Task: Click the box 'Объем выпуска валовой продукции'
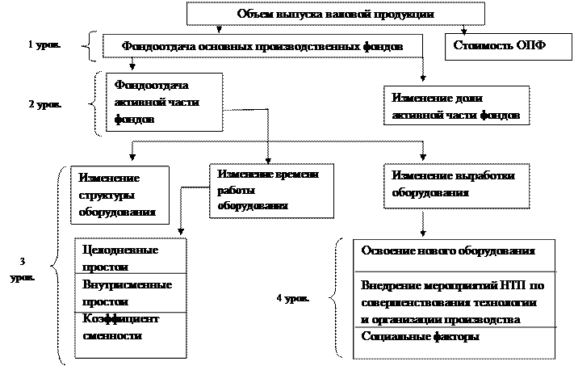point(336,15)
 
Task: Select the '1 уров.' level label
point(48,46)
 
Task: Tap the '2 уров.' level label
point(48,106)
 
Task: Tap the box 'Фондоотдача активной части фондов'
point(164,102)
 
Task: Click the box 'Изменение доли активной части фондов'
point(456,107)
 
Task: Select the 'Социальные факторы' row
point(455,338)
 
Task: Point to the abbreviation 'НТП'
point(516,286)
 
